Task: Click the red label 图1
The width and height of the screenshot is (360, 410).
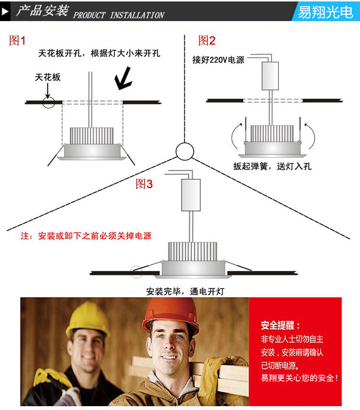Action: [17, 41]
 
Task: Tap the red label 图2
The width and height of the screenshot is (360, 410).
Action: [207, 41]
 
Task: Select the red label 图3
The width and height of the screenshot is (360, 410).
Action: [144, 184]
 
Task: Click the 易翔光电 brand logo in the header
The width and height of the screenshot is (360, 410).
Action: [325, 12]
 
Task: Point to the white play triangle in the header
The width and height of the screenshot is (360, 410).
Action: [5, 12]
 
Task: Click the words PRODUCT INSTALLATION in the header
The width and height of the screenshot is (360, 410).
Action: [119, 15]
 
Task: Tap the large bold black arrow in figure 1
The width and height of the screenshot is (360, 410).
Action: [123, 79]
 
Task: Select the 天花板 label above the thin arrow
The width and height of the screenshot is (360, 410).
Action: [48, 77]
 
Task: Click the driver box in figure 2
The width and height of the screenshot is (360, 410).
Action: [270, 76]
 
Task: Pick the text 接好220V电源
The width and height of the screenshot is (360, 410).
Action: [218, 60]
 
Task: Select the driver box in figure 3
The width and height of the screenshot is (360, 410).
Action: [191, 195]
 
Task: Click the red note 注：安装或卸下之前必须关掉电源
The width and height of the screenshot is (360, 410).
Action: [86, 236]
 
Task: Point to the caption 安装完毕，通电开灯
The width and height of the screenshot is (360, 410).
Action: [185, 291]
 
